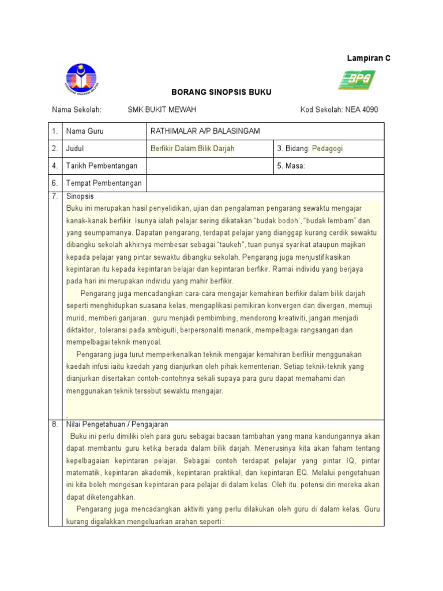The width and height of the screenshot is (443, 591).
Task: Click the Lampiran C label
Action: coord(368,58)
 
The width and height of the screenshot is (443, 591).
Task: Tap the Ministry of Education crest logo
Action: coord(81,80)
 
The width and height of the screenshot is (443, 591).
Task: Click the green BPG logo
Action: coord(356,80)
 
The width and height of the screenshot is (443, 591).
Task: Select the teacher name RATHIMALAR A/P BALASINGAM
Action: coord(205,131)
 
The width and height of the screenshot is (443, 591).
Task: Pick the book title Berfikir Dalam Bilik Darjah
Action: coord(192,148)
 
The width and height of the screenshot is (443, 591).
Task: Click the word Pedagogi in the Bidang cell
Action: coord(327,148)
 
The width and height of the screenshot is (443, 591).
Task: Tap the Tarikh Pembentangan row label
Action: coord(102,166)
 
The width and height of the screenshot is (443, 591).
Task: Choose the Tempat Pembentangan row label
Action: coord(104,184)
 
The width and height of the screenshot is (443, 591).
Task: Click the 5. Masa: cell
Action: coord(291,166)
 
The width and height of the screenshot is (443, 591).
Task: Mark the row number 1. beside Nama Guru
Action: coord(55,131)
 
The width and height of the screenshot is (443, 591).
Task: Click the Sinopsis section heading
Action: coord(80,197)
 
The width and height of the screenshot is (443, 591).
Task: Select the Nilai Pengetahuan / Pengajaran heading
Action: coord(117,424)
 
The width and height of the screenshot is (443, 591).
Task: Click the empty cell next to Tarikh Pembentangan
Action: coord(209,166)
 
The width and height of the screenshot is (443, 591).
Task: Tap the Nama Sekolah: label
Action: coord(77,110)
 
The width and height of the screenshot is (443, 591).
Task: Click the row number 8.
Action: coord(55,424)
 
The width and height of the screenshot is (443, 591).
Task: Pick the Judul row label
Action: coord(76,148)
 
